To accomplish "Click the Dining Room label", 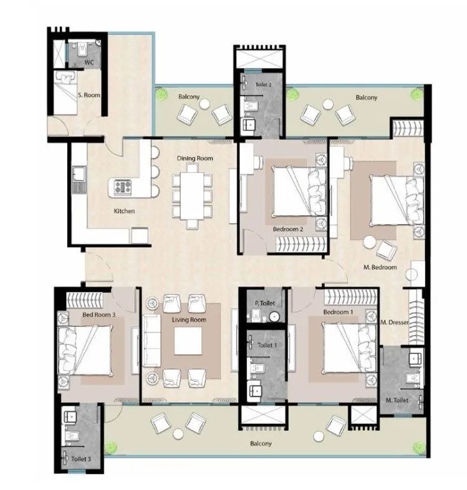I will [195, 158].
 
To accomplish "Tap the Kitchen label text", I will [124, 211].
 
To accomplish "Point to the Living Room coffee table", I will [188, 341].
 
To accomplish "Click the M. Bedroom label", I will [381, 268].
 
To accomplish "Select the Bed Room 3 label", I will [98, 315].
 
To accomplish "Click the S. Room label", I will [88, 95].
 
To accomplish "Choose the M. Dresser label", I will [393, 322].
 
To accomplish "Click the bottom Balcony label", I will [260, 444].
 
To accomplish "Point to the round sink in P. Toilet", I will [274, 317].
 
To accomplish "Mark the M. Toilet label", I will [397, 400].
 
